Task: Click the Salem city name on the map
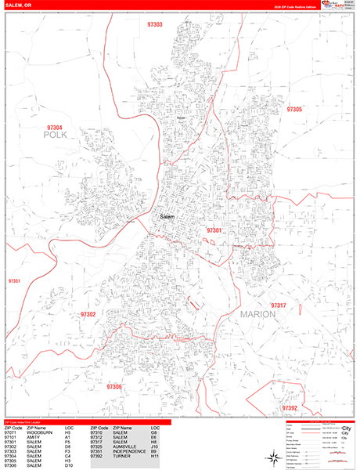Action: pyautogui.click(x=167, y=216)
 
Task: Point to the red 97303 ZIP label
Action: pyautogui.click(x=155, y=25)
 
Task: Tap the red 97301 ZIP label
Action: pyautogui.click(x=214, y=230)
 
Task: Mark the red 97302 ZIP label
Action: pyautogui.click(x=88, y=314)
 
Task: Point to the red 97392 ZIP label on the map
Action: pyautogui.click(x=290, y=408)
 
